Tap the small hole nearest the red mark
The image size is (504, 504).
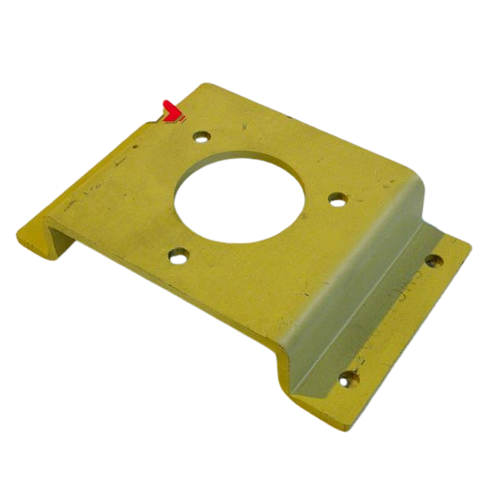[x=201, y=135]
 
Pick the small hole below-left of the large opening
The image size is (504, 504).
[x=179, y=255]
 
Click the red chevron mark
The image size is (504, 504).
[x=172, y=113]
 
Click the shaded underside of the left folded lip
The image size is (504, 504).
[x=59, y=248]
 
